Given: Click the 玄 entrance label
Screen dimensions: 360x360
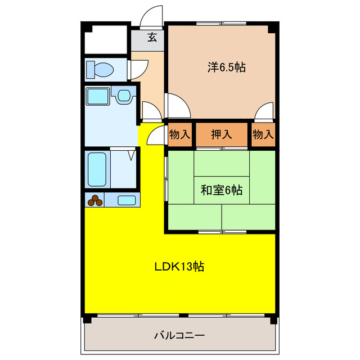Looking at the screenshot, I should pyautogui.click(x=152, y=38).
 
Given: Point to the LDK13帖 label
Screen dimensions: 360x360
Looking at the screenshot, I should pyautogui.click(x=179, y=267).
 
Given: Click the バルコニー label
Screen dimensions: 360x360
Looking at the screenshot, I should pyautogui.click(x=179, y=335).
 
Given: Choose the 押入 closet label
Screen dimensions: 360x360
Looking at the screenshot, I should pyautogui.click(x=221, y=135).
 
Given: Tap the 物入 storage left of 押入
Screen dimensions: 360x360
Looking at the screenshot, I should pyautogui.click(x=179, y=135).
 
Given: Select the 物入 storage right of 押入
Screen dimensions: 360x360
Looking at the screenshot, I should pyautogui.click(x=263, y=135).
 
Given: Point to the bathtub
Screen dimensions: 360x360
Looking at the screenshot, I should pyautogui.click(x=97, y=169).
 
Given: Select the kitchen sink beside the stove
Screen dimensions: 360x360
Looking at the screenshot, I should pyautogui.click(x=127, y=200).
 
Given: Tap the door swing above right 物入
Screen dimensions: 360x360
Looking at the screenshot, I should pyautogui.click(x=263, y=113).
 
